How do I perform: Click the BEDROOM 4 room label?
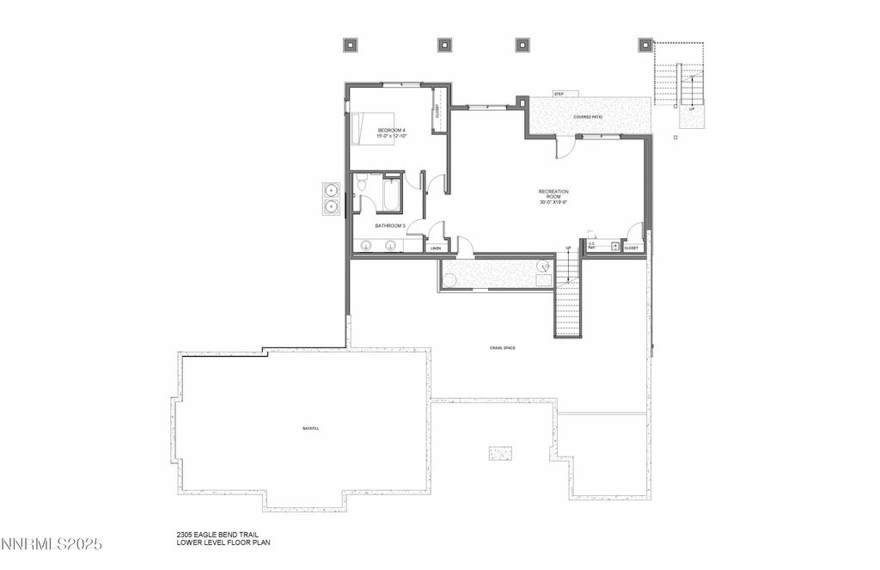point(391,131)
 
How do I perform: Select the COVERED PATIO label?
point(589,116)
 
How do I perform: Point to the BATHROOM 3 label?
point(389,226)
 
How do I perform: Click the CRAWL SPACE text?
point(503,347)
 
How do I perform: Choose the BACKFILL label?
point(310,428)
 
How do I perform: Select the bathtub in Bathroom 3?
point(392,194)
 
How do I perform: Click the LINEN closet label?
point(436,248)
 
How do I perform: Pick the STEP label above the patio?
point(559,94)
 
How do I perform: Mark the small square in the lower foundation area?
point(501,452)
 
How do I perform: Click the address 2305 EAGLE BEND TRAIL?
point(217,535)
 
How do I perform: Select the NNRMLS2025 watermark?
point(52,544)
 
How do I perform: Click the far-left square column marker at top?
point(351,44)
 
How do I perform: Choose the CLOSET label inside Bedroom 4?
point(437,111)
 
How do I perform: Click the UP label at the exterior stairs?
point(692,109)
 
